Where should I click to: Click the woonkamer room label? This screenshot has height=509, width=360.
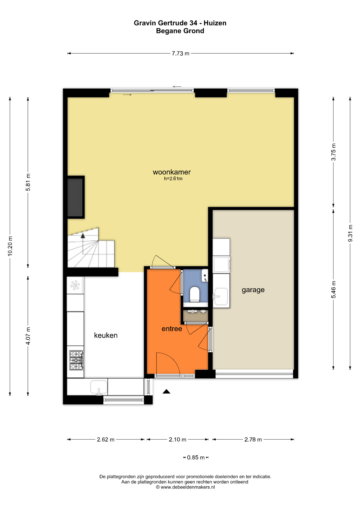(172, 172)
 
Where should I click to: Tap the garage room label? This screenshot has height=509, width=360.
(253, 290)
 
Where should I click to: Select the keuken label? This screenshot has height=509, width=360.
(106, 335)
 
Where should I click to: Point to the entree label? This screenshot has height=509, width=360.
(172, 329)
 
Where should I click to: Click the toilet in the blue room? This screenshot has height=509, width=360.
(195, 294)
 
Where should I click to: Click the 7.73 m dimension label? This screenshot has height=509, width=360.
(180, 54)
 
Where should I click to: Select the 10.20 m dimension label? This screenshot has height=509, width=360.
(10, 246)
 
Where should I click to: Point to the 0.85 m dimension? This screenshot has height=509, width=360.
(196, 457)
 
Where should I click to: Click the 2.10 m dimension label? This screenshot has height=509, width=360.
(177, 439)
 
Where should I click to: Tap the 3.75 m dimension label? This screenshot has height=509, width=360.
(333, 152)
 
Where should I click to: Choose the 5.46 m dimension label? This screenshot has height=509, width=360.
(333, 289)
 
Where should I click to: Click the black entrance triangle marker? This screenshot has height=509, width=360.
(166, 391)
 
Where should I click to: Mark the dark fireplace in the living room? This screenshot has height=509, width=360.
(75, 197)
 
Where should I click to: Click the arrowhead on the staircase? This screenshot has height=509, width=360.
(83, 236)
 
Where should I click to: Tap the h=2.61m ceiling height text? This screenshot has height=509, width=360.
(173, 179)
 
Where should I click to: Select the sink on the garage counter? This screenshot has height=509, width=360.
(220, 296)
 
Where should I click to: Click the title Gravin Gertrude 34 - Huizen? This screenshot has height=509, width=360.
(180, 23)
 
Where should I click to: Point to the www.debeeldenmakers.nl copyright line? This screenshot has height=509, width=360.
(185, 487)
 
